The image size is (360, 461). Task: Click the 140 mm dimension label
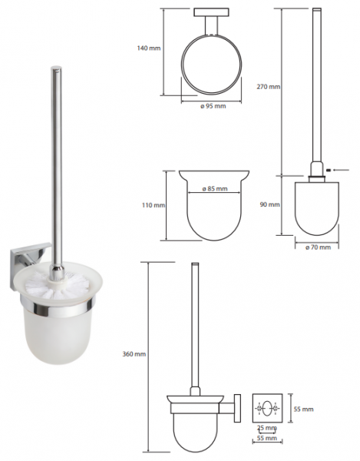point(149,48)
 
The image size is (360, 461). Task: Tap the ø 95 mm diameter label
point(213,106)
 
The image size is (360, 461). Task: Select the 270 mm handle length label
point(269,87)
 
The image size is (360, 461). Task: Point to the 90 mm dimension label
point(270,204)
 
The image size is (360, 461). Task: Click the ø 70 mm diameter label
point(318,247)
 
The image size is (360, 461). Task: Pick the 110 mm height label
point(154,205)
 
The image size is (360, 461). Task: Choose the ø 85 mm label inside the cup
point(215,189)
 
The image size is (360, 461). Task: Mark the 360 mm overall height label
point(134,354)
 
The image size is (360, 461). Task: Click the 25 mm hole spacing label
point(267,428)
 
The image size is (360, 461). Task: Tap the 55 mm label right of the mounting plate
point(304,409)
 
